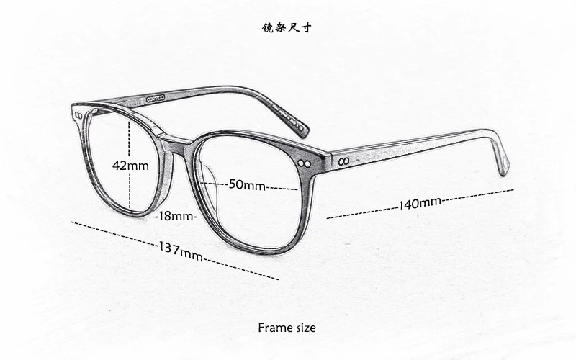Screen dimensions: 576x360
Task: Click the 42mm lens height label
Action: [x=130, y=166]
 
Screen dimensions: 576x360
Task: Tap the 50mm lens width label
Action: [x=247, y=184]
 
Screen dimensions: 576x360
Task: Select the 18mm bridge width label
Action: [x=176, y=216]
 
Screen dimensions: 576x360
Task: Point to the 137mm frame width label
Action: [x=181, y=251]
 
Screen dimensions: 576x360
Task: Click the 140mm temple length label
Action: [x=420, y=204]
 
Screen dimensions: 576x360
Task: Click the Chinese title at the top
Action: [x=287, y=27]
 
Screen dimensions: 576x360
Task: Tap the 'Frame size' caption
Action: [x=287, y=328]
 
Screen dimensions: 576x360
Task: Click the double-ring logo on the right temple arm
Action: [x=344, y=161]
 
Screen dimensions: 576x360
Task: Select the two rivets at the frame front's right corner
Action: [x=305, y=163]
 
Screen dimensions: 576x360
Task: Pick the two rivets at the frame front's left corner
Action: [x=78, y=116]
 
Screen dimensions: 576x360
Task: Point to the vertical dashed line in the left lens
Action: [x=130, y=163]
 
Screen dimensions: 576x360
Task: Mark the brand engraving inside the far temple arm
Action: [x=156, y=98]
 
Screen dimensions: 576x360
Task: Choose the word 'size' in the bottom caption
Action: [x=305, y=328]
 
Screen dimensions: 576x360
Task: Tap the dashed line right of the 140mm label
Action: [x=477, y=195]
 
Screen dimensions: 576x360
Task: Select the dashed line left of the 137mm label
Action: [x=114, y=233]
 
